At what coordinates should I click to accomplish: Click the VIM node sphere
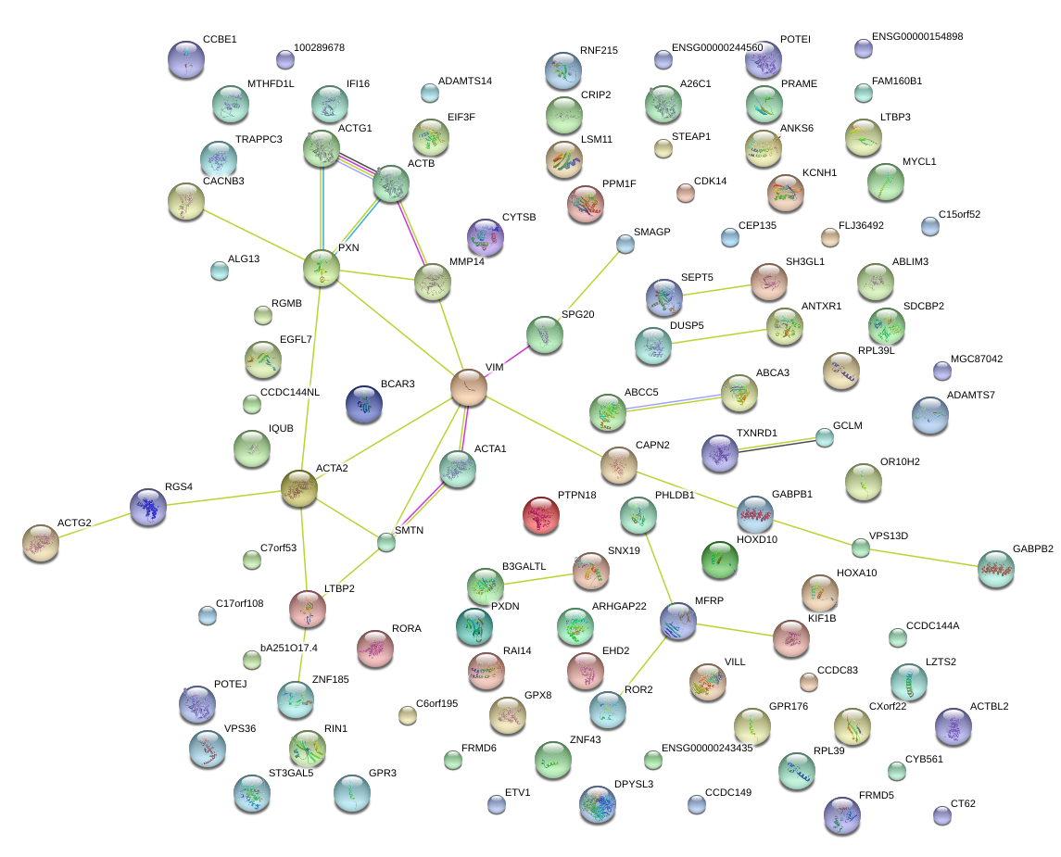469,387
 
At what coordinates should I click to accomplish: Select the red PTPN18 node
541,515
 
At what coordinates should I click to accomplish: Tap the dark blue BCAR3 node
364,405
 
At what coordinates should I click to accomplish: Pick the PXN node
322,268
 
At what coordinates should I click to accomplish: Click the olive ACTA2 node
299,488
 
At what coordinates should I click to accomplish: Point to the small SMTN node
386,543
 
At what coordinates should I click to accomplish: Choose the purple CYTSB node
486,237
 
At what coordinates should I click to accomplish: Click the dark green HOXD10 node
720,560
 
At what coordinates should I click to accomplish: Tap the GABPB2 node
996,569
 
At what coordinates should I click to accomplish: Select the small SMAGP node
625,245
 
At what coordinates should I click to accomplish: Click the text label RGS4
179,487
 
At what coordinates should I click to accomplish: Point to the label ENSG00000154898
917,36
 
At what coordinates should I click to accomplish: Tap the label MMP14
467,262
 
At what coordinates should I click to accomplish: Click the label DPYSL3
634,785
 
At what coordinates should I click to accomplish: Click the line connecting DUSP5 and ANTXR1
719,336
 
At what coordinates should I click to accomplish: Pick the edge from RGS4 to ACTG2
95,525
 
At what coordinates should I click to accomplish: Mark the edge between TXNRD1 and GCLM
777,445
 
